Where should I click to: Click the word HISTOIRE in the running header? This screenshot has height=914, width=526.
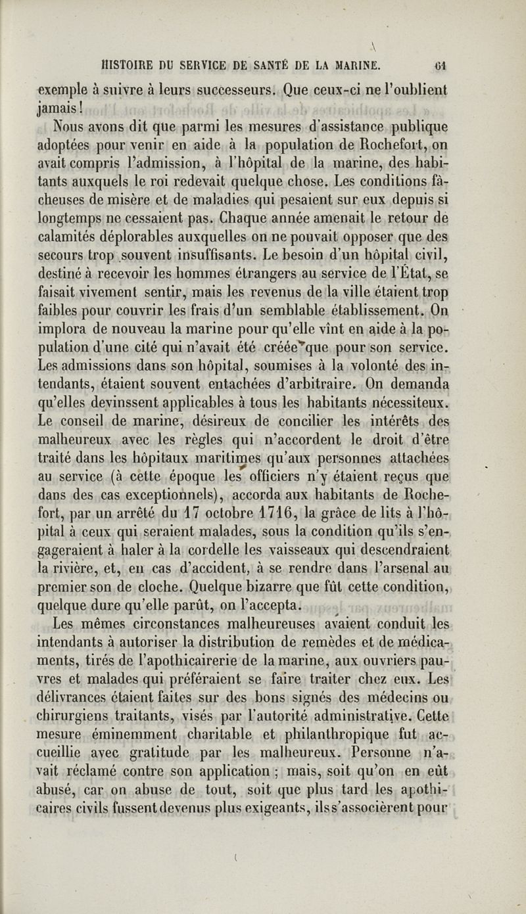(x=130, y=66)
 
